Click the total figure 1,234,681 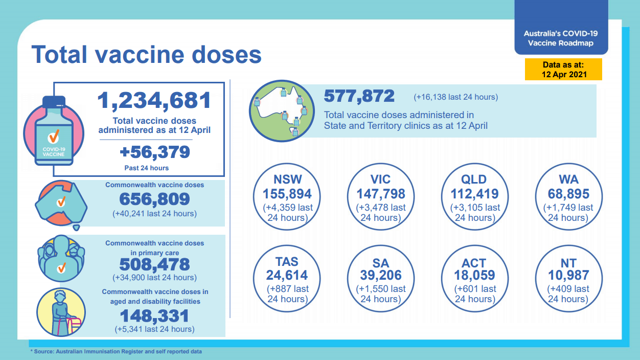(154, 101)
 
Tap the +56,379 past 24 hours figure (154, 152)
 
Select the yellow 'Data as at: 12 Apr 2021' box (563, 69)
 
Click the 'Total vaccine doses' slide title (147, 54)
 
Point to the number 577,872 (359, 96)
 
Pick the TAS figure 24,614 (287, 275)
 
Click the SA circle (380, 279)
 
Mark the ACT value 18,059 (474, 275)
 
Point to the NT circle (568, 279)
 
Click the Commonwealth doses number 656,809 (154, 199)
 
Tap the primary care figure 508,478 (154, 264)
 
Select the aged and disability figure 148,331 (154, 316)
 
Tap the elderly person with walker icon (60, 312)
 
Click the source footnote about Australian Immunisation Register (116, 352)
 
